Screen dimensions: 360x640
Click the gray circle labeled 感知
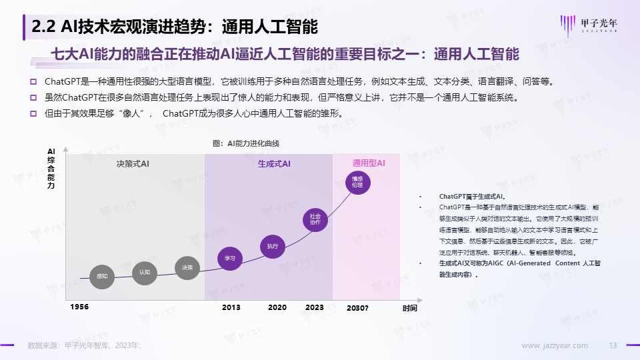102,276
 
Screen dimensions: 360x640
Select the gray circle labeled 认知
145,272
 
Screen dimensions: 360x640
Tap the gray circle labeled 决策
187,267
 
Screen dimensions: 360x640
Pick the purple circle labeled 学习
230,258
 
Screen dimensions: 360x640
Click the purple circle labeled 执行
272,246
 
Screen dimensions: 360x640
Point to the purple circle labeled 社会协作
315,219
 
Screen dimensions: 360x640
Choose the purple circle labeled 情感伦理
357,182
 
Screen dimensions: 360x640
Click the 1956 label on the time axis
79,307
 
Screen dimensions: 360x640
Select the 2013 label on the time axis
231,307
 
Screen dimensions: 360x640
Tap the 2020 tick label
277,307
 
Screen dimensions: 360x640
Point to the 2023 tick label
314,307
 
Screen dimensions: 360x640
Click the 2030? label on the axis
357,308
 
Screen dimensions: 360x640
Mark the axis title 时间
409,308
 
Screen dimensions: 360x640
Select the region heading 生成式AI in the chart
274,164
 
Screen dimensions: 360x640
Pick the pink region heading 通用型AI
369,163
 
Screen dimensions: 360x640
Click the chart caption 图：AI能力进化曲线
245,144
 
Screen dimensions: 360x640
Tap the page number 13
614,345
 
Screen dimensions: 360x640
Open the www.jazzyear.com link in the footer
554,345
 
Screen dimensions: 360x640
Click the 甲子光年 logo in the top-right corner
592,24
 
